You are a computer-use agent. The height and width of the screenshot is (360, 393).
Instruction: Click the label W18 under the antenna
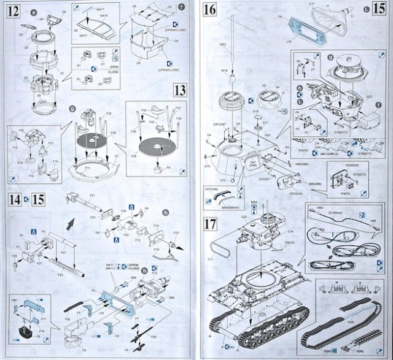click(225, 72)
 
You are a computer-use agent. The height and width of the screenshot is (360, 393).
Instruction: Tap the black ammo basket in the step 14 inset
click(26, 331)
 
